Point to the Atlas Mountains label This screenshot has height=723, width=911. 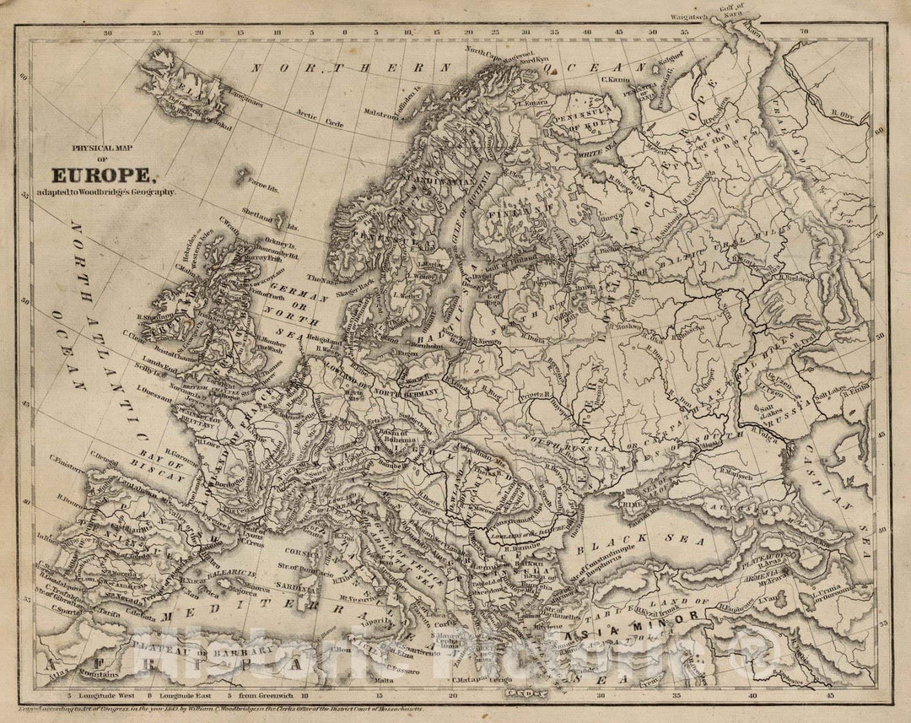click(x=89, y=675)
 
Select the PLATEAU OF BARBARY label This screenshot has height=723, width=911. click(x=203, y=653)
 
